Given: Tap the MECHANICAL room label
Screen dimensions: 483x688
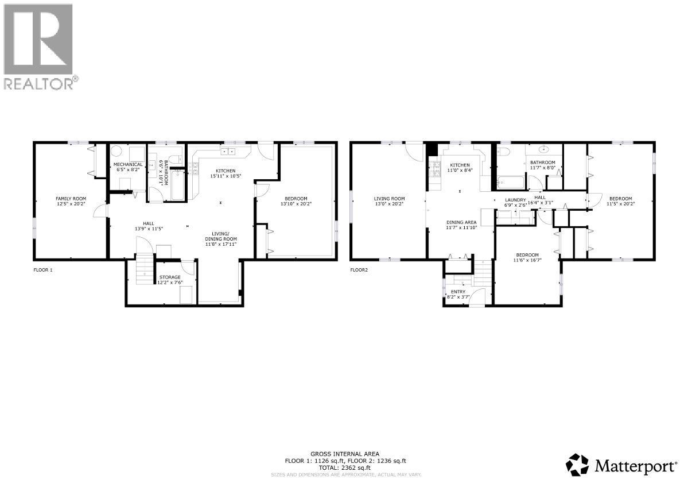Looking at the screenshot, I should [127, 164].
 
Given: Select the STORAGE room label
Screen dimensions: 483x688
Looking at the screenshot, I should [169, 277].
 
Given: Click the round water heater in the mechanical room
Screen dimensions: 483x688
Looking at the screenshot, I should [117, 152].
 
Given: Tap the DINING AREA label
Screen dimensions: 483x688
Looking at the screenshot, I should [461, 222].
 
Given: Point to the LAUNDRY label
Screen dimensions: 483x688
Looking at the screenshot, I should [515, 200].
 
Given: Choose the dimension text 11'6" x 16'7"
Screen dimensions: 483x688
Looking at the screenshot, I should [527, 260].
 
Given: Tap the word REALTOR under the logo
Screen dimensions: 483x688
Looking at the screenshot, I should [38, 83].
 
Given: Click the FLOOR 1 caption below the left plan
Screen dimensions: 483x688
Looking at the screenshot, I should [43, 269].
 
